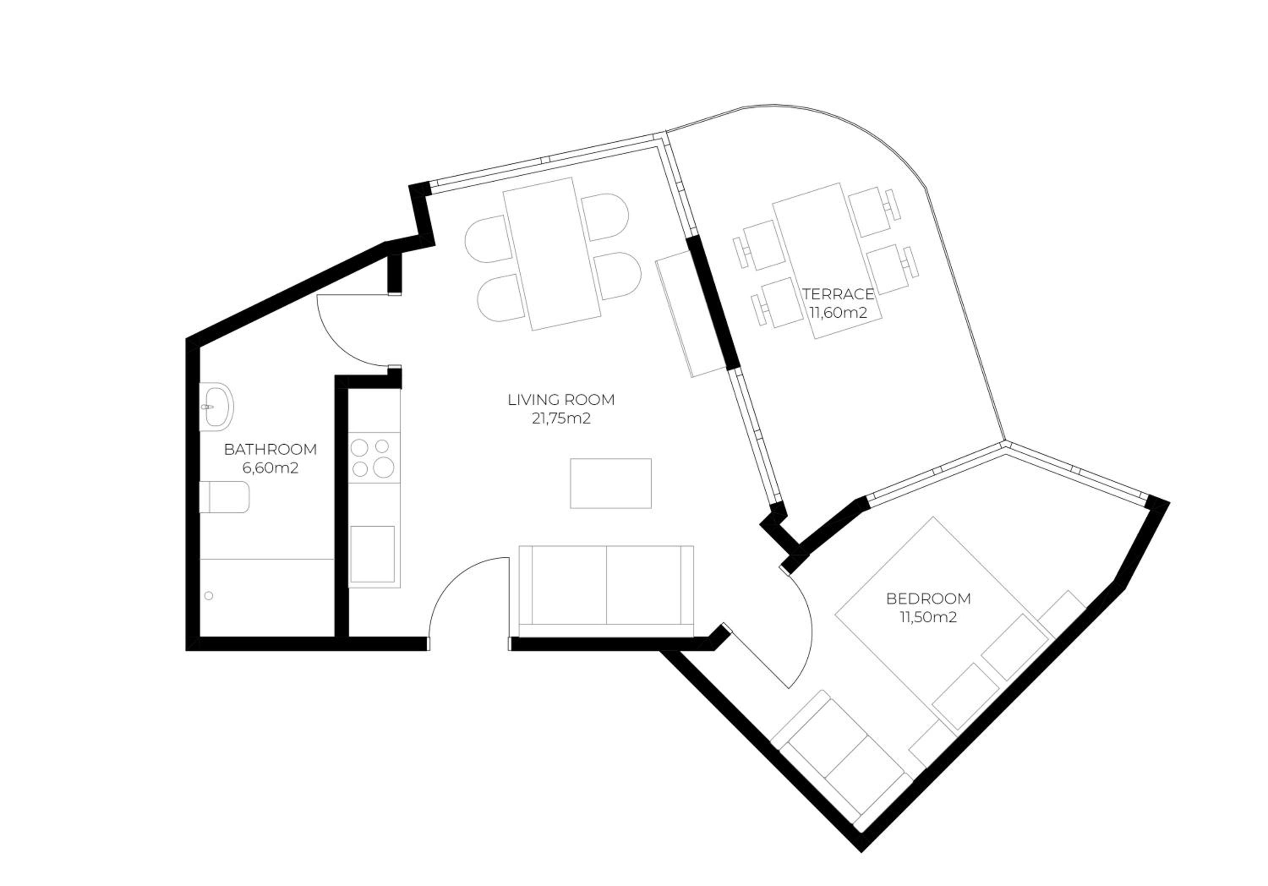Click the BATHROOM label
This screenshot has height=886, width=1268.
click(270, 449)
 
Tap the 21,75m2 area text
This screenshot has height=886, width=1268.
click(561, 418)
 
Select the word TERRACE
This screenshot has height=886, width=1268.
click(838, 293)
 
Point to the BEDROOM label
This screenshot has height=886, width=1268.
click(928, 598)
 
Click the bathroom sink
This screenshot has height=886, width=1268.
click(216, 407)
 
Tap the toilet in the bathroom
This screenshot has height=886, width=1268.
click(224, 497)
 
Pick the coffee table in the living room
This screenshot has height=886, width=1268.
click(611, 483)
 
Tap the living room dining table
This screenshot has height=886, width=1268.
click(552, 254)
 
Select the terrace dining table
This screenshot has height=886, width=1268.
click(827, 261)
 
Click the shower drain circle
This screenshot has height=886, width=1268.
click(209, 596)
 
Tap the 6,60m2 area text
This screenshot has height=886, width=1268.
click(270, 468)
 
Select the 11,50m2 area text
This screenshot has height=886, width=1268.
click(928, 617)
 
